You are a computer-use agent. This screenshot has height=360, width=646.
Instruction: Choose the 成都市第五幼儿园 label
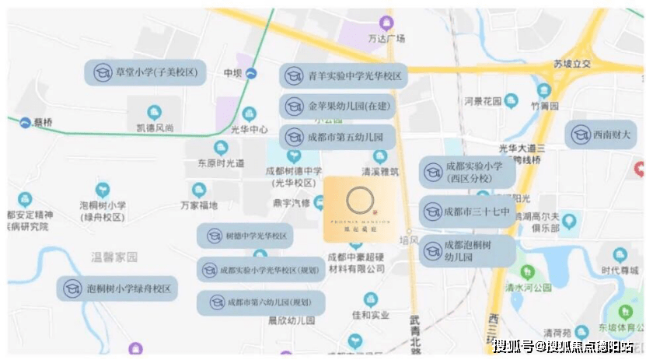(x=337, y=137)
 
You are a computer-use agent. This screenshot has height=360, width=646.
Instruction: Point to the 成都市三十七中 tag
(x=466, y=211)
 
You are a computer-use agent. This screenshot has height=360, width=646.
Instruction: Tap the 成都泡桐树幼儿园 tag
(x=466, y=250)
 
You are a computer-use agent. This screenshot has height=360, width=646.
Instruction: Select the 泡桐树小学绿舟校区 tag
(x=117, y=288)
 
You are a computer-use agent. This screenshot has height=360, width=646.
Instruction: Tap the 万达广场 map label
(x=392, y=37)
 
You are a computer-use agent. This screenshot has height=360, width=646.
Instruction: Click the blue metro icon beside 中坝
(x=251, y=73)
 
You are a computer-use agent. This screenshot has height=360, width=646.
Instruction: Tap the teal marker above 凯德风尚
(x=154, y=112)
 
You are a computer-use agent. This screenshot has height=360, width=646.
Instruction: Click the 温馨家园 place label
(x=113, y=256)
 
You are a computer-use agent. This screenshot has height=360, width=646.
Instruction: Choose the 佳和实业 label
(x=370, y=315)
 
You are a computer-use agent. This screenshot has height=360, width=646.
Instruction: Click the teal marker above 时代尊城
(x=620, y=254)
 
